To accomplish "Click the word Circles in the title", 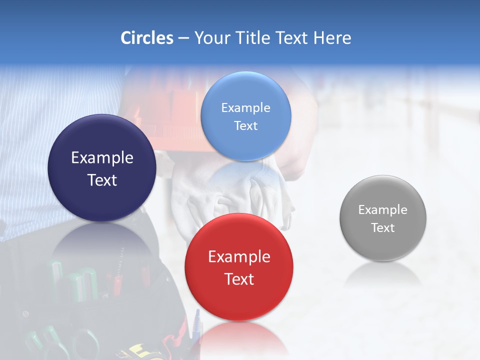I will tap(146, 38).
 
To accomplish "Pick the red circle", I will tap(239, 295).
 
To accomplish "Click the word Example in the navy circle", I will tap(102, 158).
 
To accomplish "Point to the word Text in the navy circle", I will tap(102, 180).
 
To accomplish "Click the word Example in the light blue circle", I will tap(245, 108).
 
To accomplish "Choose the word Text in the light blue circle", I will tap(245, 126).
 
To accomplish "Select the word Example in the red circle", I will tap(239, 257).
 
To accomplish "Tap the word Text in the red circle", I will tap(239, 279).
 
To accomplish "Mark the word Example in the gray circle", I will tap(383, 210).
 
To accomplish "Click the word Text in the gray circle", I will tap(383, 228).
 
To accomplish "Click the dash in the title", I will tap(183, 38).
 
